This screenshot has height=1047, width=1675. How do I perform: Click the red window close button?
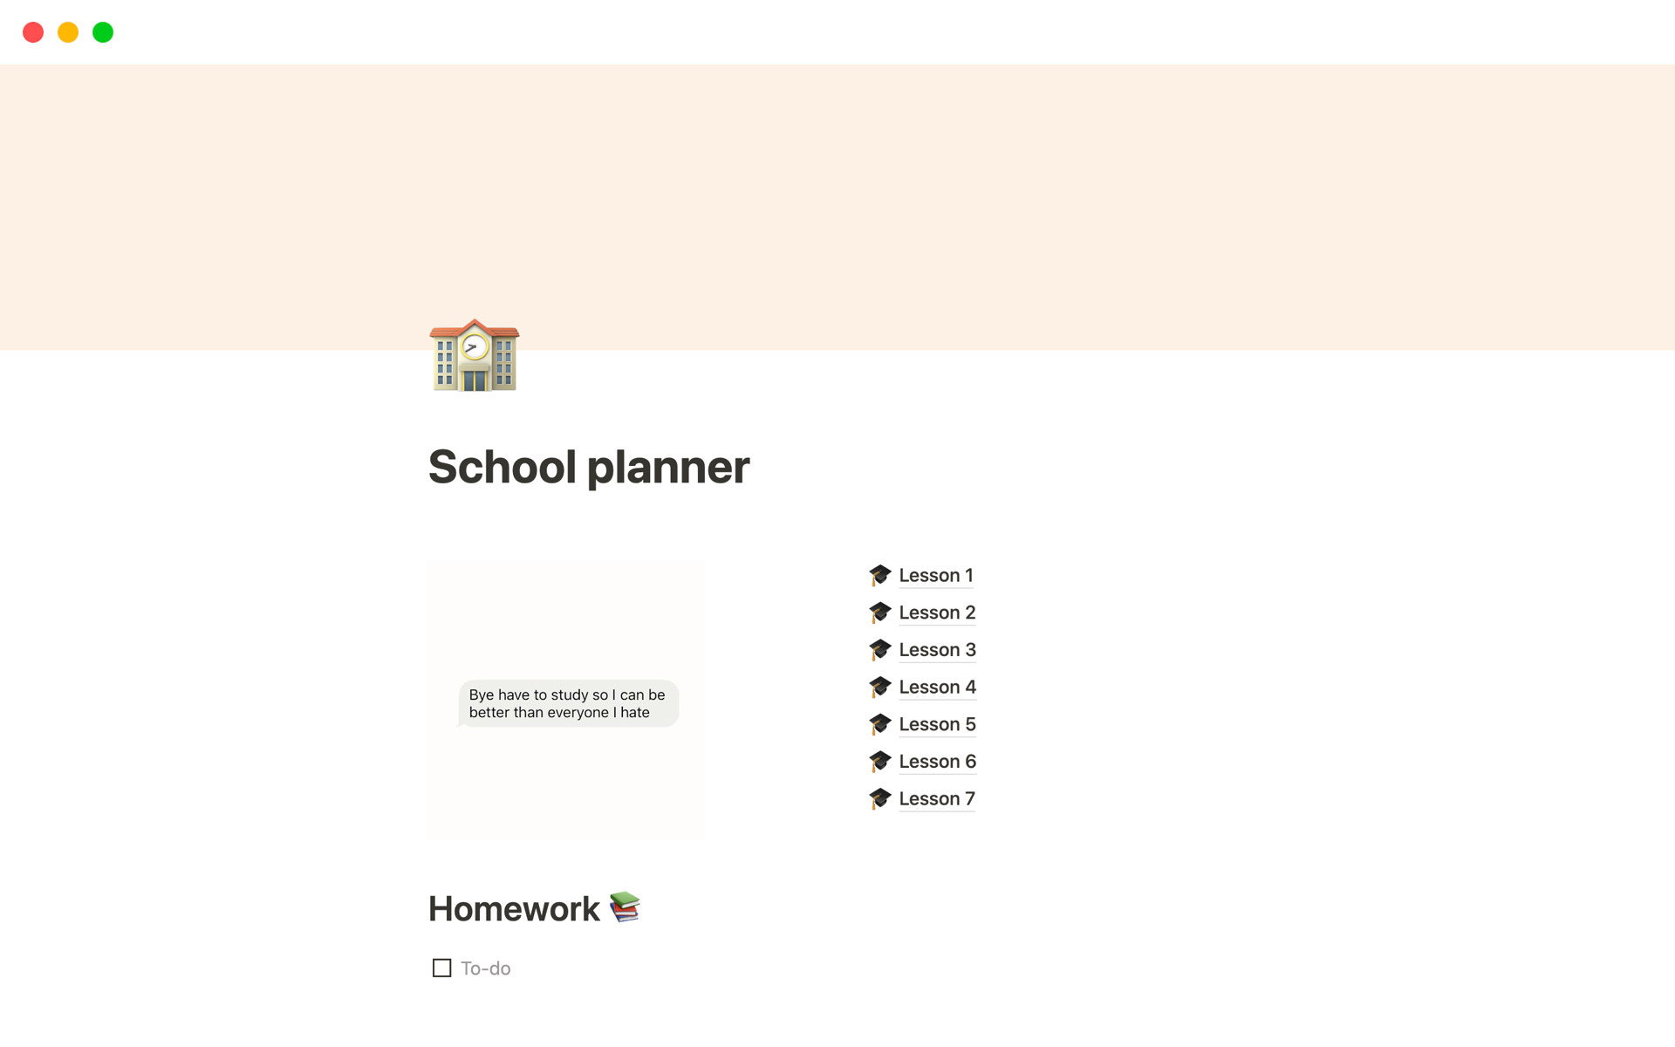pos(33,32)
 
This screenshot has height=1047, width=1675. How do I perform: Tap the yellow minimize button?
pos(68,32)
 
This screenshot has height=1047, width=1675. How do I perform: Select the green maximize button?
pos(103,32)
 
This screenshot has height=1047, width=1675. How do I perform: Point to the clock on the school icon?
pos(474,347)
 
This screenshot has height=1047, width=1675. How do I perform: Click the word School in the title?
pos(502,467)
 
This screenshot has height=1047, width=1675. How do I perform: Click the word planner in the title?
pos(667,467)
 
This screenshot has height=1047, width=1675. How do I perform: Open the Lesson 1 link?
pos(935,576)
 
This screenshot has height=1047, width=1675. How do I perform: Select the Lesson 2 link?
pos(936,612)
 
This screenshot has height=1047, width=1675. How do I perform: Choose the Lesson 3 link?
pos(936,650)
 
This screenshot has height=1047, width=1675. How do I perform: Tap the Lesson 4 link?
pos(936,688)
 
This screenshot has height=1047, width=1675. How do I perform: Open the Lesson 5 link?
pos(936,724)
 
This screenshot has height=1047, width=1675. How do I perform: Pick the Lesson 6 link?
pos(936,762)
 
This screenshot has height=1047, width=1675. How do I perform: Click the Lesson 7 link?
pos(936,799)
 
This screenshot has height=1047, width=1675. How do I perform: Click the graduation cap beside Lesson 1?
pos(879,575)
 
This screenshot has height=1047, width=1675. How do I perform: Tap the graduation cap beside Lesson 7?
pos(879,798)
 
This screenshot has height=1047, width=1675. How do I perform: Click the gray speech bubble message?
pos(567,703)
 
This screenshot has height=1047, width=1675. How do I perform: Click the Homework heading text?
pos(514,909)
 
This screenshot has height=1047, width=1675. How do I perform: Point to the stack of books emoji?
pos(625,907)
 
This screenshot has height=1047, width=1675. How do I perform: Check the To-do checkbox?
pos(441,968)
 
